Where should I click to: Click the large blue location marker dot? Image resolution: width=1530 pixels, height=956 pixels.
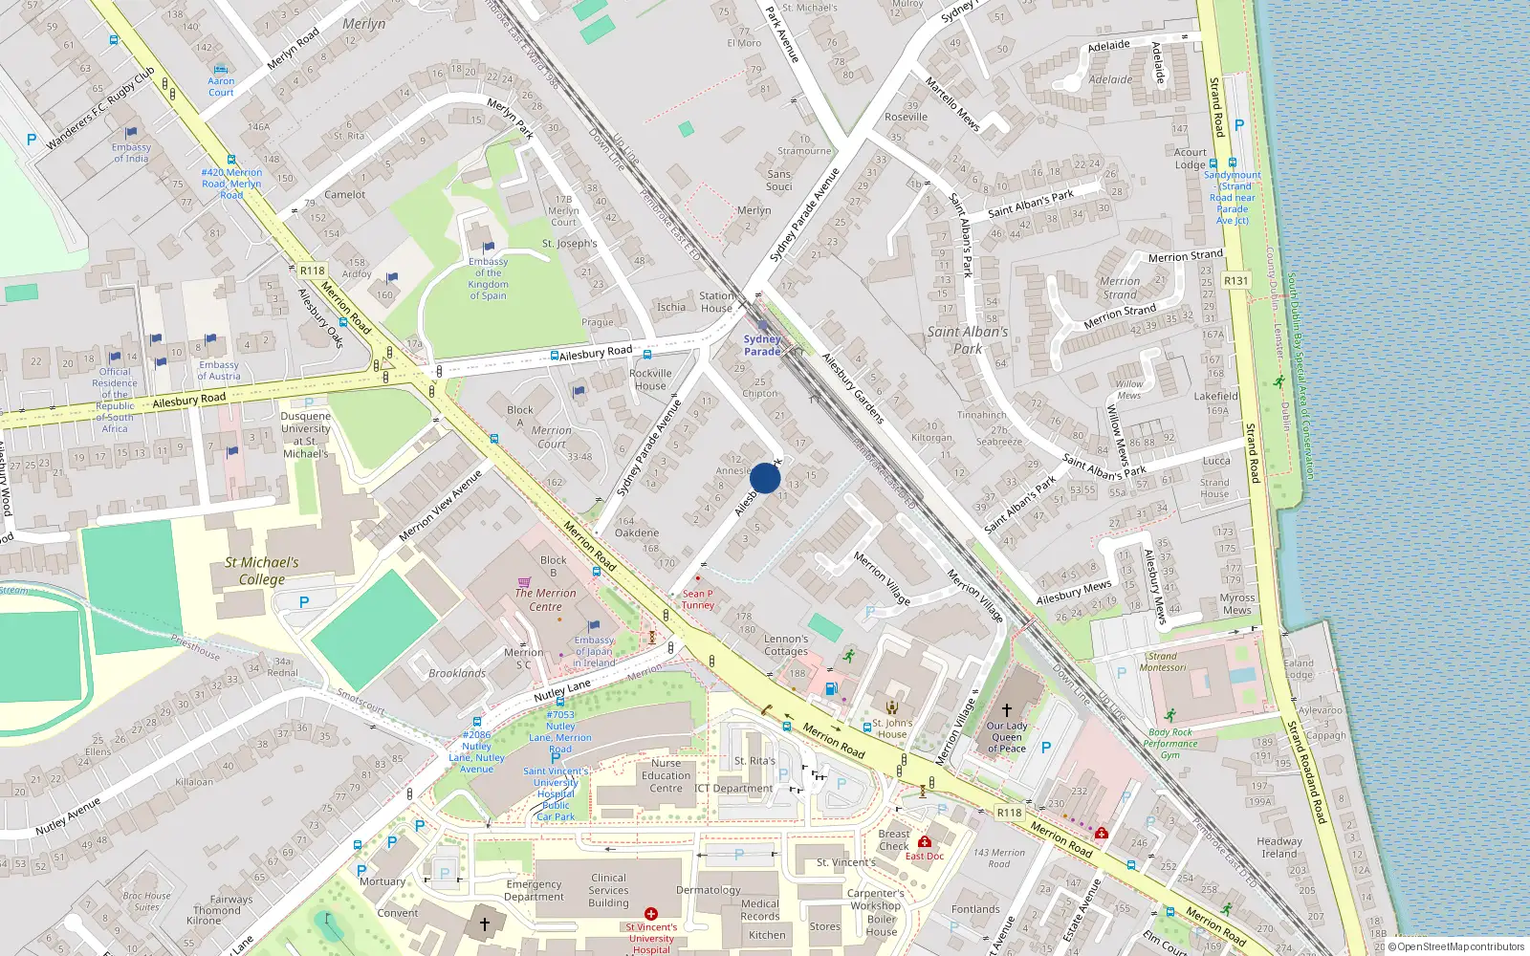tap(765, 478)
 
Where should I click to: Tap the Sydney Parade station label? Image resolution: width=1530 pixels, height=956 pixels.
tap(762, 345)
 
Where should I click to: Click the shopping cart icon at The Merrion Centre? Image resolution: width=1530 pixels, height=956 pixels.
tap(524, 580)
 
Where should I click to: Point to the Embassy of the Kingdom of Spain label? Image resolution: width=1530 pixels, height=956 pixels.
tap(488, 278)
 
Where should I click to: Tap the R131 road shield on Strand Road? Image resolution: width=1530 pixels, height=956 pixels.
tap(1235, 280)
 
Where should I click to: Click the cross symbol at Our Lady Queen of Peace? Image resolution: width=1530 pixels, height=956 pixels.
tap(1006, 710)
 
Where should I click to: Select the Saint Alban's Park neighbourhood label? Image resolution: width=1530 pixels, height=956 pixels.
tap(967, 339)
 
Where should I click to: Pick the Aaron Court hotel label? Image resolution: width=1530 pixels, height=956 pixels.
tap(221, 87)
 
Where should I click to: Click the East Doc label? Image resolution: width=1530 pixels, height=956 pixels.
tap(924, 856)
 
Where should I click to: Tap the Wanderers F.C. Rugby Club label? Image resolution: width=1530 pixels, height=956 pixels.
tap(100, 109)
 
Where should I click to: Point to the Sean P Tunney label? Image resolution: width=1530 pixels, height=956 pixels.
tap(697, 599)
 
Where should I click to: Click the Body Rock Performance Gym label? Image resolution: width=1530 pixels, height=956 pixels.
tap(1169, 743)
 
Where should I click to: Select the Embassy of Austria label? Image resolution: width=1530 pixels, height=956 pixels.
tap(219, 370)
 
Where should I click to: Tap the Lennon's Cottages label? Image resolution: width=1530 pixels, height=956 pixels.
tap(786, 645)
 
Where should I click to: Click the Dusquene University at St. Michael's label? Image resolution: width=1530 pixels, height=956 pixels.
tap(306, 435)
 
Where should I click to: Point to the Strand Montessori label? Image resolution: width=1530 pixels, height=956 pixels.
tap(1163, 662)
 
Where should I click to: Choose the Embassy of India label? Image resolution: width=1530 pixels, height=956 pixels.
tap(131, 153)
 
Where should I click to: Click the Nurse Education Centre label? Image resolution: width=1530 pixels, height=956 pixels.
tap(666, 775)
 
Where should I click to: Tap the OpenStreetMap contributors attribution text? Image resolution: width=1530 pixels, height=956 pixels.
tap(1460, 946)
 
